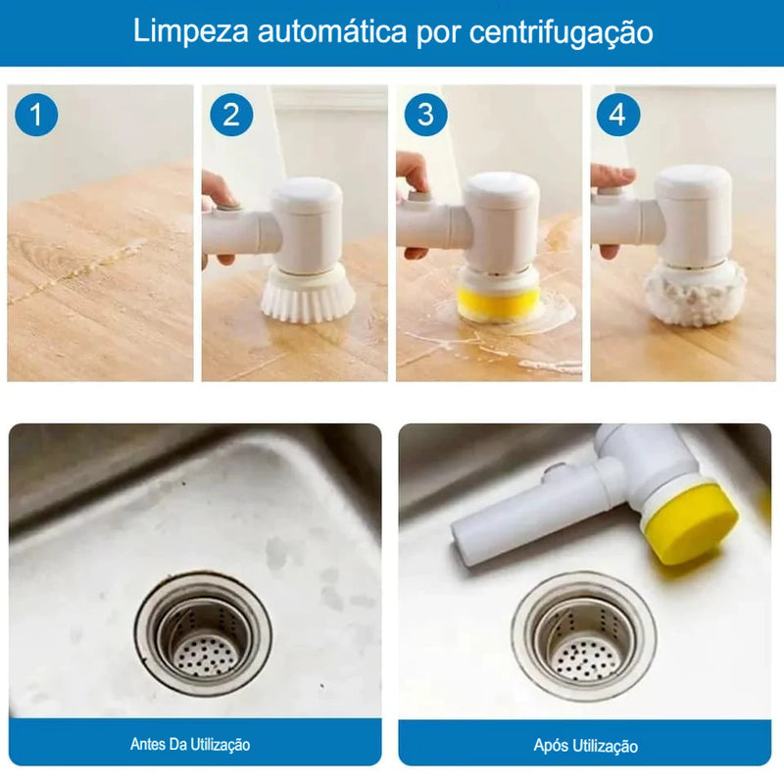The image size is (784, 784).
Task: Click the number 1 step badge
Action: [x=37, y=116]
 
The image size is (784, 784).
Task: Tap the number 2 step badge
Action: [x=231, y=116]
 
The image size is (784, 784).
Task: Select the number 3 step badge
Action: [x=425, y=116]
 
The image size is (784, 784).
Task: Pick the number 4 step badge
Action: [x=617, y=116]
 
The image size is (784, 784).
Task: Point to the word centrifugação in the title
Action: [x=562, y=32]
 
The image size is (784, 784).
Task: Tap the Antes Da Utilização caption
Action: [x=190, y=744]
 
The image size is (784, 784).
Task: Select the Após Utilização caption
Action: [x=585, y=746]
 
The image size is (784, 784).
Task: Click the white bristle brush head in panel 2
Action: [x=308, y=292]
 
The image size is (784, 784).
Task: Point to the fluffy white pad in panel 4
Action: [x=695, y=291]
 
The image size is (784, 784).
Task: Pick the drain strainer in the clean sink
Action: [x=584, y=637]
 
